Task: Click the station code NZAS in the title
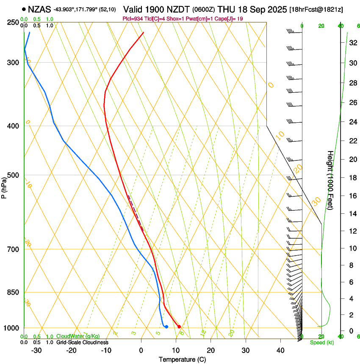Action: point(39,9)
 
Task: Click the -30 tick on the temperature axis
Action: point(36,350)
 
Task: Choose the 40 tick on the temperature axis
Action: point(280,350)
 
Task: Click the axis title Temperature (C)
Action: point(182,359)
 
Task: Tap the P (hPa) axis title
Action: point(4,187)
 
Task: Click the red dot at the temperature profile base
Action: point(179,326)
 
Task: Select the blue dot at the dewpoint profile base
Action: point(166,326)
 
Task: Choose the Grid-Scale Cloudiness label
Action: point(82,342)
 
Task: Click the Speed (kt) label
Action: point(322,342)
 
